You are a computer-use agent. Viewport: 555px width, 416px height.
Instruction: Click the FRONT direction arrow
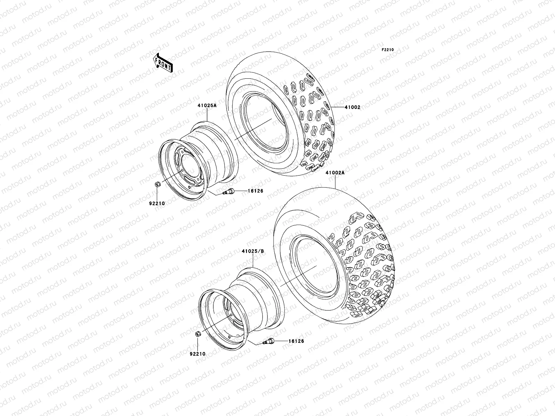tap(164, 63)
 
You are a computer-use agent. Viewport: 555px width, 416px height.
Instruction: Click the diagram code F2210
tap(388, 50)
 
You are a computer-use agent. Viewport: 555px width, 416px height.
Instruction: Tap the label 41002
tap(352, 107)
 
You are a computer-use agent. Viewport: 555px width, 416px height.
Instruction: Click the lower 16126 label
tap(296, 341)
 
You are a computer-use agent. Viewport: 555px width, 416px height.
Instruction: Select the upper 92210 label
tap(157, 203)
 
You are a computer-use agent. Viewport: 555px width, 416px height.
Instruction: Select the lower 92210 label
tap(198, 354)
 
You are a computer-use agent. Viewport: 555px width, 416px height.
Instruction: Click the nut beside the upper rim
tap(157, 185)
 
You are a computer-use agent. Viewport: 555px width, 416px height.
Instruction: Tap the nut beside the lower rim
tap(197, 334)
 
